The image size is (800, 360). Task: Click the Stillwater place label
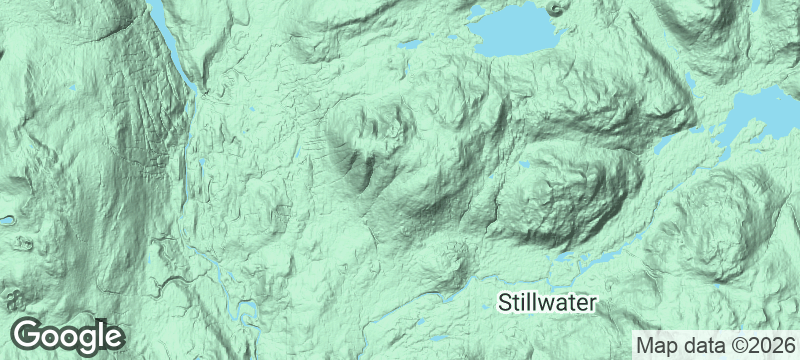[547, 302]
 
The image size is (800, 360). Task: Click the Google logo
[68, 335]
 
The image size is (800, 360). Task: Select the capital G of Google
[28, 334]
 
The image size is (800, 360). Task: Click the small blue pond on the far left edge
[5, 219]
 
